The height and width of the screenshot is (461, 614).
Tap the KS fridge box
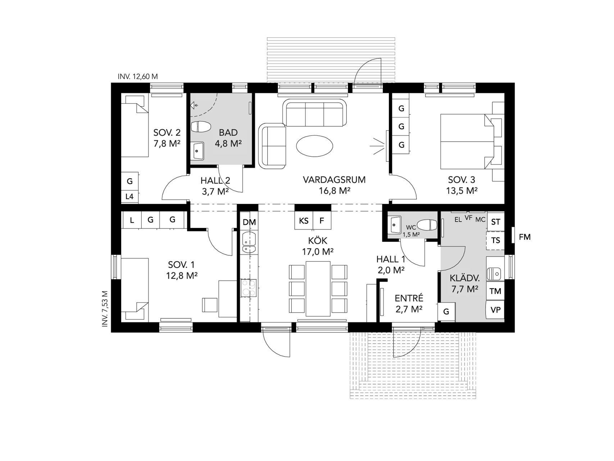click(x=304, y=220)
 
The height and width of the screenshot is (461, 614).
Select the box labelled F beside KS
click(x=322, y=220)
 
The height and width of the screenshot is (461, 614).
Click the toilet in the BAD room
click(x=201, y=127)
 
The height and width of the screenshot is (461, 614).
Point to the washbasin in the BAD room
click(x=197, y=151)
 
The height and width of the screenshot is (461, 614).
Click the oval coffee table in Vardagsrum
click(x=314, y=146)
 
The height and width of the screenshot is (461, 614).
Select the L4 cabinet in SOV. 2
click(x=129, y=197)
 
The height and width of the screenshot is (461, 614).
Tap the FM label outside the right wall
click(x=525, y=237)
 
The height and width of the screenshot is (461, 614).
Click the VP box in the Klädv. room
click(x=496, y=310)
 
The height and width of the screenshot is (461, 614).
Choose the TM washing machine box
click(x=496, y=291)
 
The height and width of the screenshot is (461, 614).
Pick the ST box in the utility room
click(x=496, y=221)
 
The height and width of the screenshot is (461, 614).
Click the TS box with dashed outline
click(x=496, y=241)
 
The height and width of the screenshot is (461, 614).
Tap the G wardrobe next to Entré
click(x=446, y=312)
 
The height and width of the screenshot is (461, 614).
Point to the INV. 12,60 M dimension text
click(x=138, y=77)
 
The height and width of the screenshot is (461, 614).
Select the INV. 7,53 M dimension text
click(x=105, y=309)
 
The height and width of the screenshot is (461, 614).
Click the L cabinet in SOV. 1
click(x=132, y=220)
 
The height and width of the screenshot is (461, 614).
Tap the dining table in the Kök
click(x=318, y=288)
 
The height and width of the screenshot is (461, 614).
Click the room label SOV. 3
click(x=461, y=179)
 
